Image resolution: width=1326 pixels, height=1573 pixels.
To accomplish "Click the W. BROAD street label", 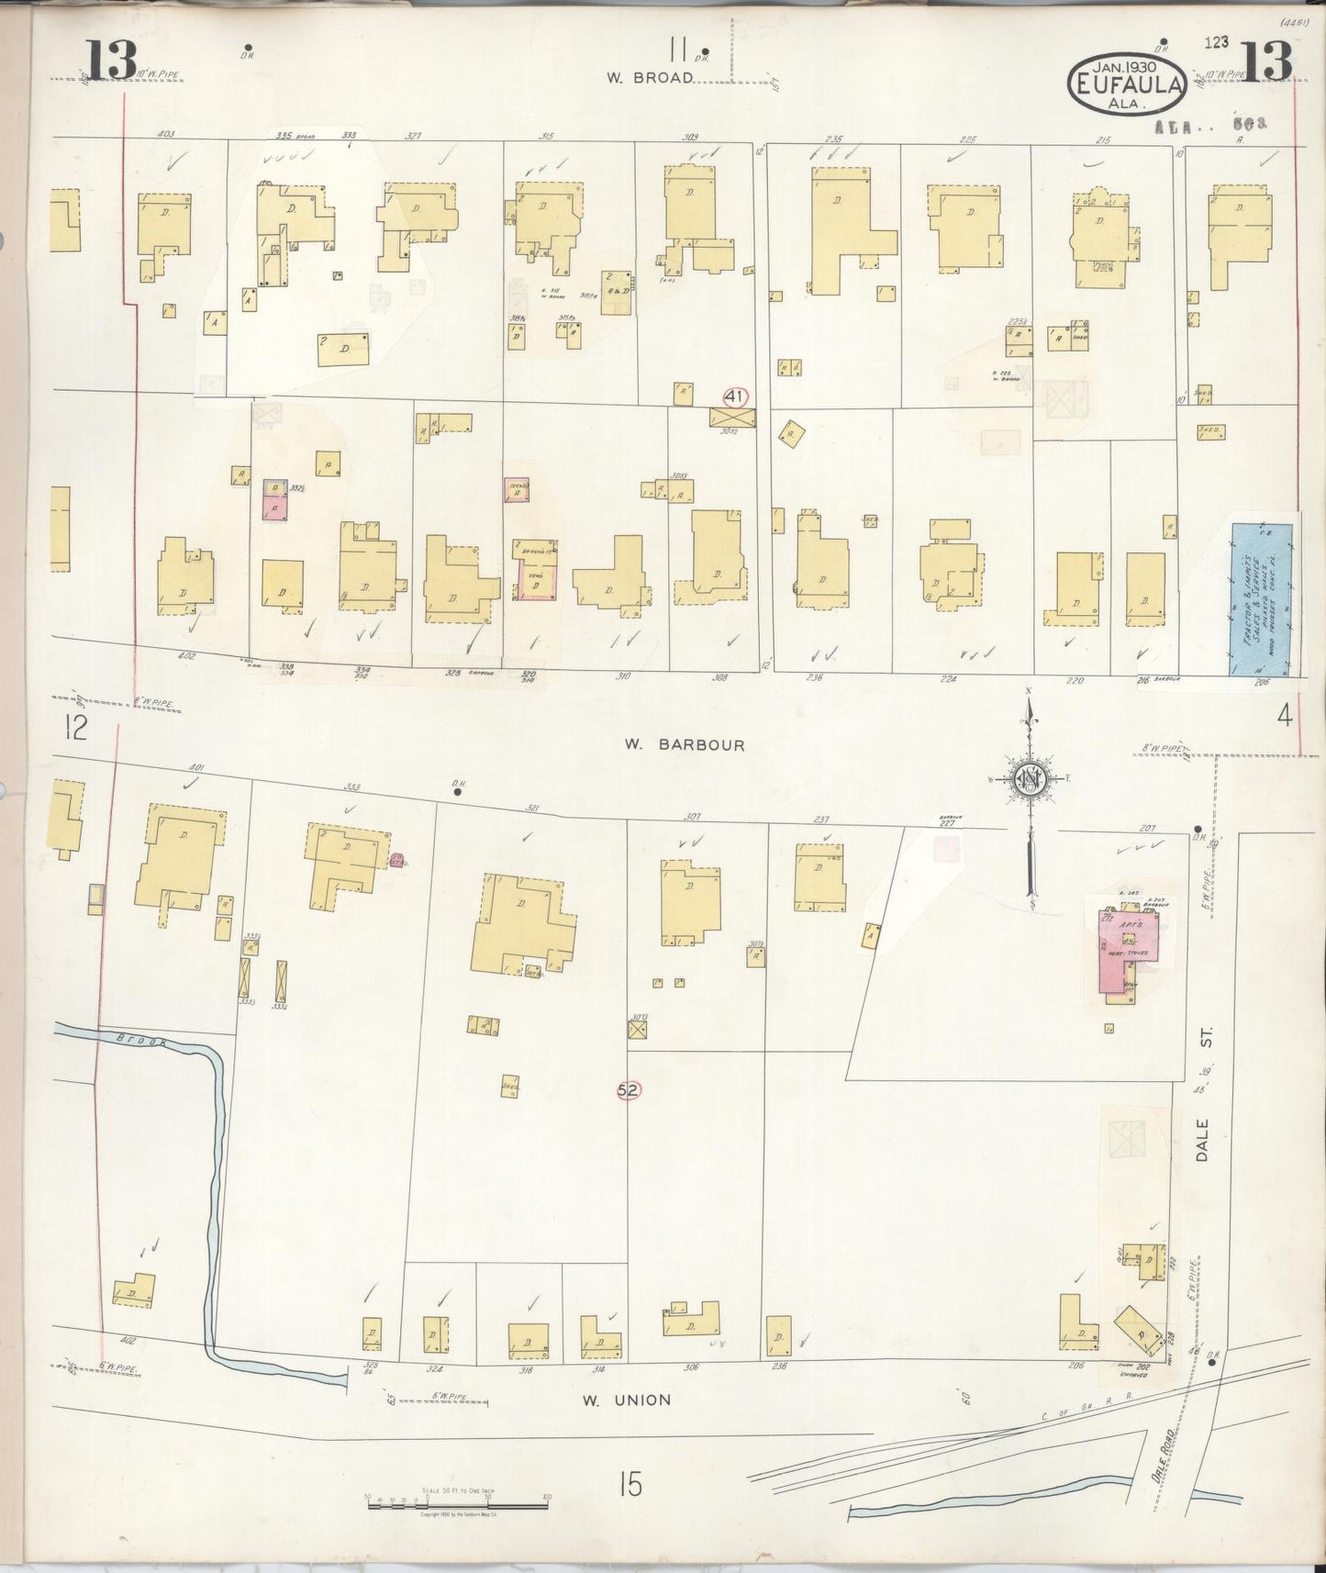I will pos(648,78).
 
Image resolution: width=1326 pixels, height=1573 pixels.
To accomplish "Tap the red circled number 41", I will pos(733,396).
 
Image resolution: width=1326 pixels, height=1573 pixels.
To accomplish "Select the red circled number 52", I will pos(629,1089).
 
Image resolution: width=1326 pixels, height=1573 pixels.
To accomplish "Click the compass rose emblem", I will pos(1031,778).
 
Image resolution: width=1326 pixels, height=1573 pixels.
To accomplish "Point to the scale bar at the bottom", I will pos(456,1504).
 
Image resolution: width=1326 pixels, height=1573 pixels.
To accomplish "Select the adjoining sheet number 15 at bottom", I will pos(630,1483).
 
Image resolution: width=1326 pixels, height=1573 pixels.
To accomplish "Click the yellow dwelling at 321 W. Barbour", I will pos(522,922).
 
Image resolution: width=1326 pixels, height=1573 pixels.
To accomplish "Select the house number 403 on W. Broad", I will pos(166,134).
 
